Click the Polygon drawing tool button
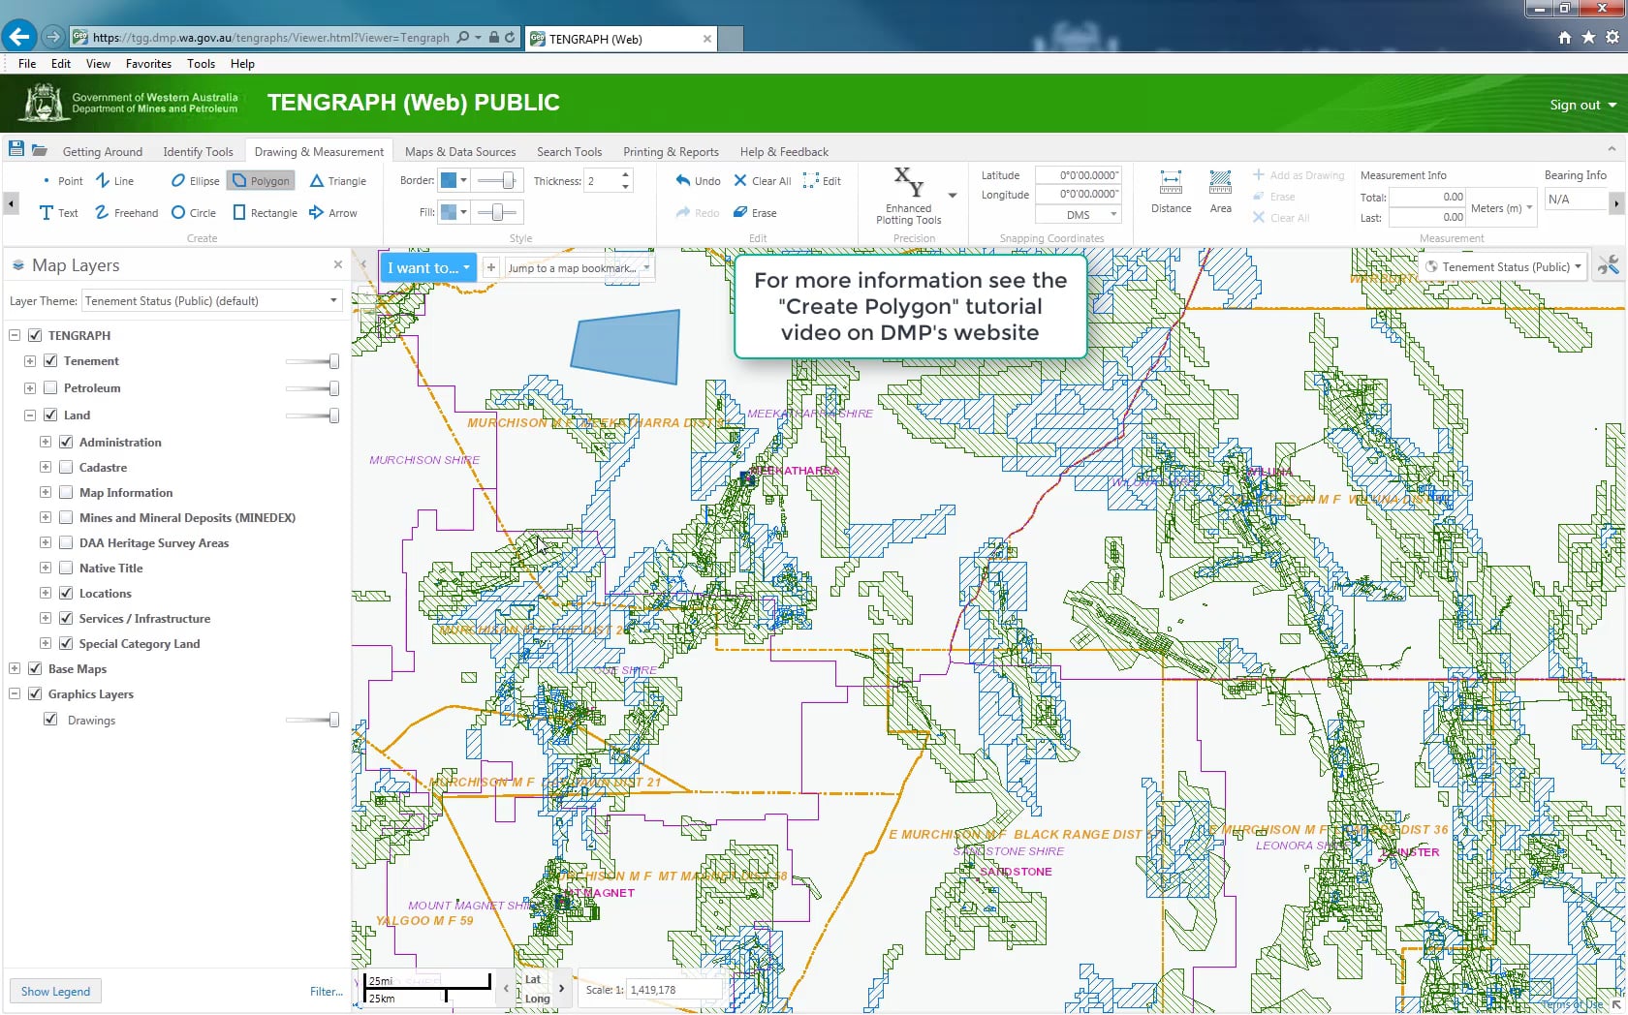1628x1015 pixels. pos(261,181)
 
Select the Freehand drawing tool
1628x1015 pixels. pos(127,213)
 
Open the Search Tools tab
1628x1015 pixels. pos(569,152)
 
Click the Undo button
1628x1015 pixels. pos(698,181)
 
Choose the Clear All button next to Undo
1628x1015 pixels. pos(763,181)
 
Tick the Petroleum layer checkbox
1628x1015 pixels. pos(50,388)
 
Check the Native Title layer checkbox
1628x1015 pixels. pos(66,569)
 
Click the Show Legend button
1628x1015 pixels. pos(55,992)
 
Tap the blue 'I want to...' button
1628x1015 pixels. pos(427,268)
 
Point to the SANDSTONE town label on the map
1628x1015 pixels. pos(1015,872)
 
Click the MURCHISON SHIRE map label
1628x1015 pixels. pos(423,460)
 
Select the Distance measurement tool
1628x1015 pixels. pos(1171,192)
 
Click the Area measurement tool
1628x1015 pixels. pos(1220,192)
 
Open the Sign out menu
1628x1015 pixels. pos(1582,105)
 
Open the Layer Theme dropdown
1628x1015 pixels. pos(212,301)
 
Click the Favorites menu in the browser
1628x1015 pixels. pos(148,64)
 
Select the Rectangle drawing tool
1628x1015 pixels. pos(265,213)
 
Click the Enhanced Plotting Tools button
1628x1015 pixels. pos(909,197)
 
